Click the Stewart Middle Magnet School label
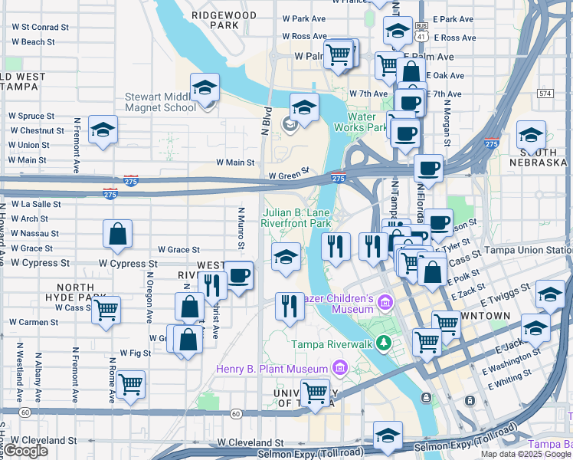(x=161, y=102)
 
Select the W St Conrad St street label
(x=40, y=27)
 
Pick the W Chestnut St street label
(x=37, y=130)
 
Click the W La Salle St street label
(x=35, y=205)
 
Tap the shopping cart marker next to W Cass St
(x=106, y=310)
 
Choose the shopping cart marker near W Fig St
(x=131, y=384)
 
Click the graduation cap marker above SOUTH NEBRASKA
(x=531, y=136)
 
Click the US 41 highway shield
(x=421, y=31)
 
